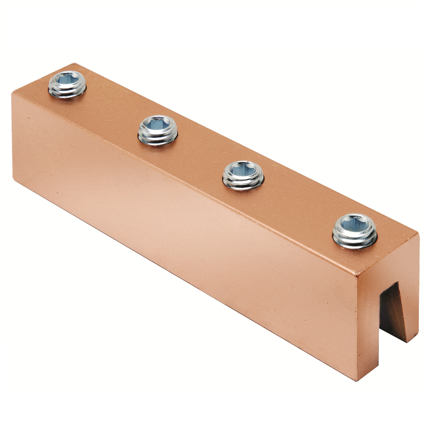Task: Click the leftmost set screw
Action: coord(67,84)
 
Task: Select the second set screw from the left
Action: coord(158,130)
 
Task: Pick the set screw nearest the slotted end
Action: coord(354,230)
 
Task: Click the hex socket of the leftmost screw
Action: coord(67,79)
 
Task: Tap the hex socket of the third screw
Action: coord(243,169)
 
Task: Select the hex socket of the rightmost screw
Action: coord(354,224)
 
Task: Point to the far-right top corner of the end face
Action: coord(418,234)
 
